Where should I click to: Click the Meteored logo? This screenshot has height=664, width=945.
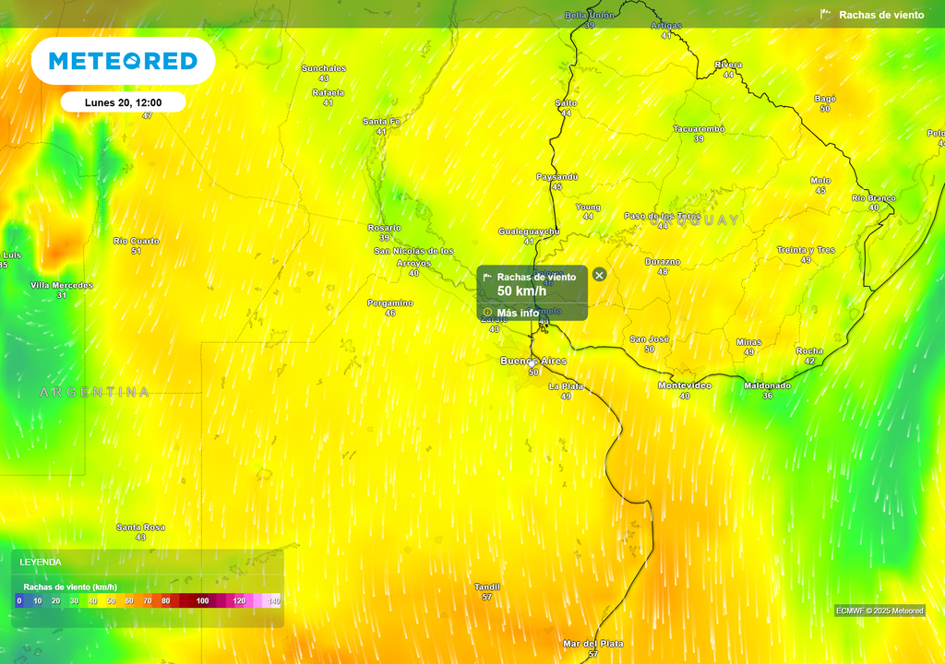pos(123,61)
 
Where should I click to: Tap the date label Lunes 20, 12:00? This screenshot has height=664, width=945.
pos(124,102)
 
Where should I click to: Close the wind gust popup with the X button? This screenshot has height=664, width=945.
pos(599,275)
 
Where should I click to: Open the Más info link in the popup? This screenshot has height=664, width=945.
pos(517,313)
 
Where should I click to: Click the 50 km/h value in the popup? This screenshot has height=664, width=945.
pos(521,291)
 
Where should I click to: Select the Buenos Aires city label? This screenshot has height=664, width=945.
pos(533,361)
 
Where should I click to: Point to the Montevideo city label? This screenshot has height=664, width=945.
pos(684,385)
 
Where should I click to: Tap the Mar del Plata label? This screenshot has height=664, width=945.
pos(592,644)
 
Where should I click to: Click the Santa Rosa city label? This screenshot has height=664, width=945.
pos(140,528)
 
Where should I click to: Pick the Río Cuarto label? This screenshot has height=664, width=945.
pos(137,241)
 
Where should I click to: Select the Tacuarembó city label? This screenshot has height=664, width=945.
pos(699,129)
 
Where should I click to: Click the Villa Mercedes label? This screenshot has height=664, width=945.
pos(62,285)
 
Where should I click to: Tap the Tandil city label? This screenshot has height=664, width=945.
pos(487,587)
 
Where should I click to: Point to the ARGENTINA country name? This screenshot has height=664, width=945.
pos(94,392)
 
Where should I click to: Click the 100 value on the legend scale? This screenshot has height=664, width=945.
pos(203,601)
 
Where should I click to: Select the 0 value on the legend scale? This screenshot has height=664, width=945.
pos(18,601)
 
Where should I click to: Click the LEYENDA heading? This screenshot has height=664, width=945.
pos(41,562)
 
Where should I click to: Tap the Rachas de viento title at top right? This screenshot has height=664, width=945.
pos(881,15)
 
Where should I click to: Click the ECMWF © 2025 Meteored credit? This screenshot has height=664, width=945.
pos(879,611)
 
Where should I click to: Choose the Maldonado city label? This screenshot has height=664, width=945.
pos(767,385)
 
